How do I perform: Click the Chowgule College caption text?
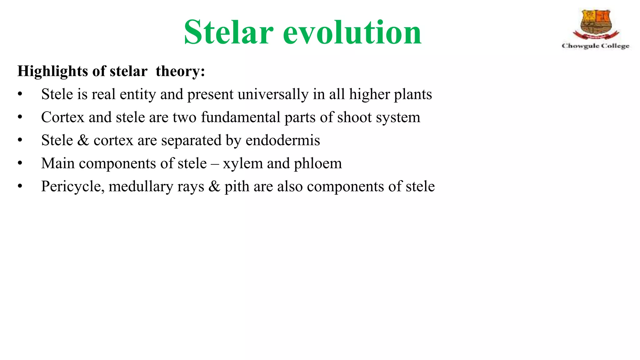(x=596, y=46)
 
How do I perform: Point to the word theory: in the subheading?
(x=180, y=71)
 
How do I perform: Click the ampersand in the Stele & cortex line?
(x=83, y=140)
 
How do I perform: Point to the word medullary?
(x=141, y=187)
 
